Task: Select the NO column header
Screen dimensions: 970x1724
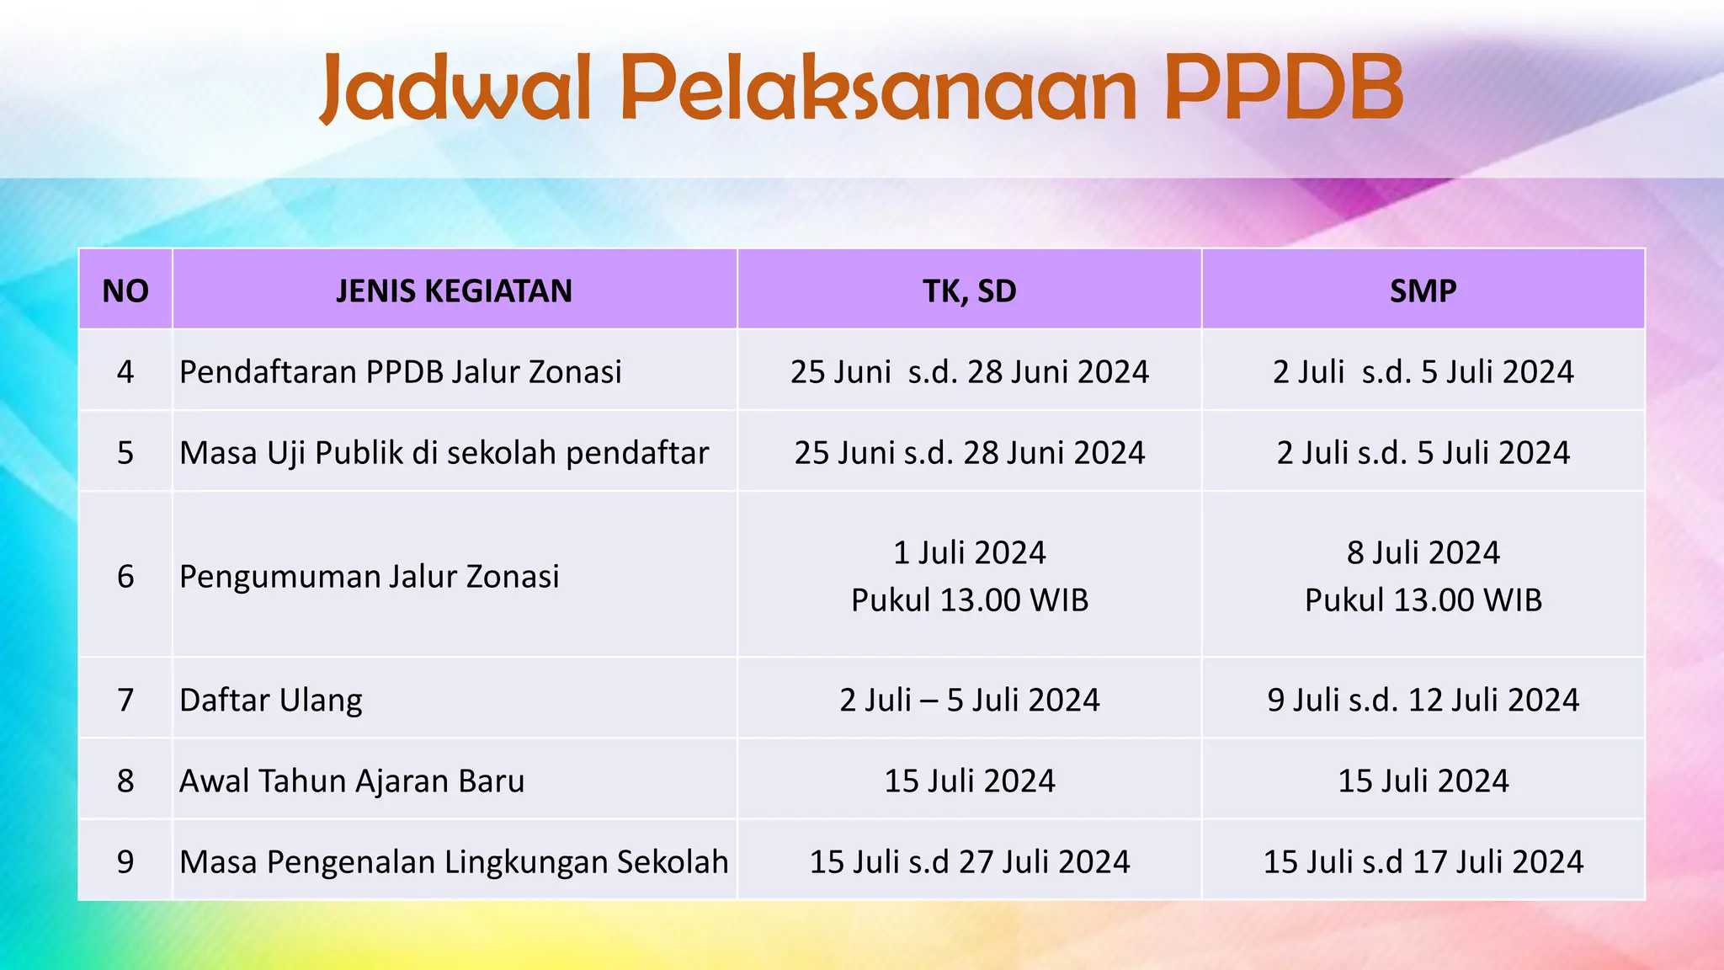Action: (x=125, y=290)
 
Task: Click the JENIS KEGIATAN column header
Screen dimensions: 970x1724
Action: (x=454, y=290)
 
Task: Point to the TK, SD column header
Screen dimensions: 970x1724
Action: (x=969, y=290)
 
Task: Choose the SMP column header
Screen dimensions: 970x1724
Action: (x=1423, y=290)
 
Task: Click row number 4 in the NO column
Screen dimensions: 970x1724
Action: (x=125, y=371)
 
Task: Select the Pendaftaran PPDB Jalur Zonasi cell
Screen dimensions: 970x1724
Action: (x=401, y=371)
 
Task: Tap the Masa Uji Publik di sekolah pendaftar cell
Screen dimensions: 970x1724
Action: (x=444, y=452)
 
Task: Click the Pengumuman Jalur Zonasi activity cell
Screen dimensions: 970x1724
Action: (x=369, y=576)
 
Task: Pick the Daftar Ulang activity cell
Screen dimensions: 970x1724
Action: (x=271, y=700)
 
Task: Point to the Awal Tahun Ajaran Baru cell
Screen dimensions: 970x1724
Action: (x=352, y=781)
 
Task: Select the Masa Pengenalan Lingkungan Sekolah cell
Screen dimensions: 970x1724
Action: (x=454, y=861)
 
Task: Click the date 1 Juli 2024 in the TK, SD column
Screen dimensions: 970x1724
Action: (x=969, y=552)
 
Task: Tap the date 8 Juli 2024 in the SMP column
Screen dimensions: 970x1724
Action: (x=1423, y=552)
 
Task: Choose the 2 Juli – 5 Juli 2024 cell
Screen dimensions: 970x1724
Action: (x=969, y=700)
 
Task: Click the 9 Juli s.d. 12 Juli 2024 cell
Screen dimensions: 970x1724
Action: (x=1423, y=700)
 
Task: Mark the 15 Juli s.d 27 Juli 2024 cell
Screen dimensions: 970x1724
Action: (x=969, y=861)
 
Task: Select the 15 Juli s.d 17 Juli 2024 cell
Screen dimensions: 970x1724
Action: (x=1423, y=861)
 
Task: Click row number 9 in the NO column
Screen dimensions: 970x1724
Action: (x=125, y=861)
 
